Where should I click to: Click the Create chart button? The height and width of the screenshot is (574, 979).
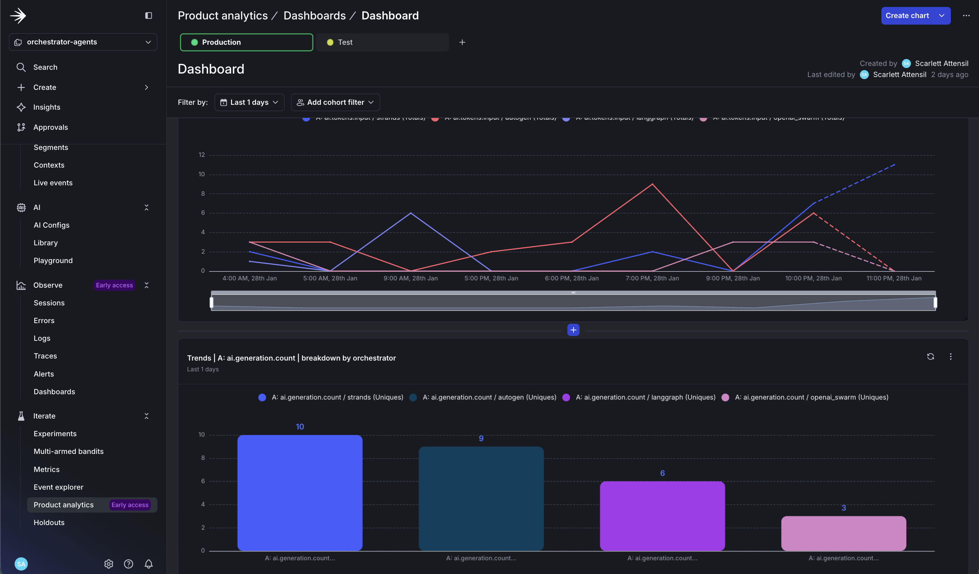point(907,16)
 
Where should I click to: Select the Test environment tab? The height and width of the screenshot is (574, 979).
point(382,42)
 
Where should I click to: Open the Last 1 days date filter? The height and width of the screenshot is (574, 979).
point(249,102)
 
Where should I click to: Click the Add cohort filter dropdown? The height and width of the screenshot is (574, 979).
point(335,102)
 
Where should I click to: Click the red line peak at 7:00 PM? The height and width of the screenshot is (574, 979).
point(652,184)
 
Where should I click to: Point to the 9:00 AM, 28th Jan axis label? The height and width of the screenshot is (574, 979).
point(410,278)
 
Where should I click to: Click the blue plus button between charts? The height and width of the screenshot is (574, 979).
point(573,330)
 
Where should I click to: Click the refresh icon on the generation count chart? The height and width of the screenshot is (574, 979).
point(930,356)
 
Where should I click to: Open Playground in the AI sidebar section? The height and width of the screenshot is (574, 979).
point(53,260)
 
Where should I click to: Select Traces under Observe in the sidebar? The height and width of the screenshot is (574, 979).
point(45,356)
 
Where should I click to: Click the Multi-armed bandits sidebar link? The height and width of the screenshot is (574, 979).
point(68,451)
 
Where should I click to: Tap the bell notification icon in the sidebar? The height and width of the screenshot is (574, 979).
point(148,564)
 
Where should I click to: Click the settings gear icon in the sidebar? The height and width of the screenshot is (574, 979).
point(108,564)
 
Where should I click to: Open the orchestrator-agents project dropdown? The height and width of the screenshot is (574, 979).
point(83,42)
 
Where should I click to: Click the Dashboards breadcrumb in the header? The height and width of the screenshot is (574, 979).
point(314,16)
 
